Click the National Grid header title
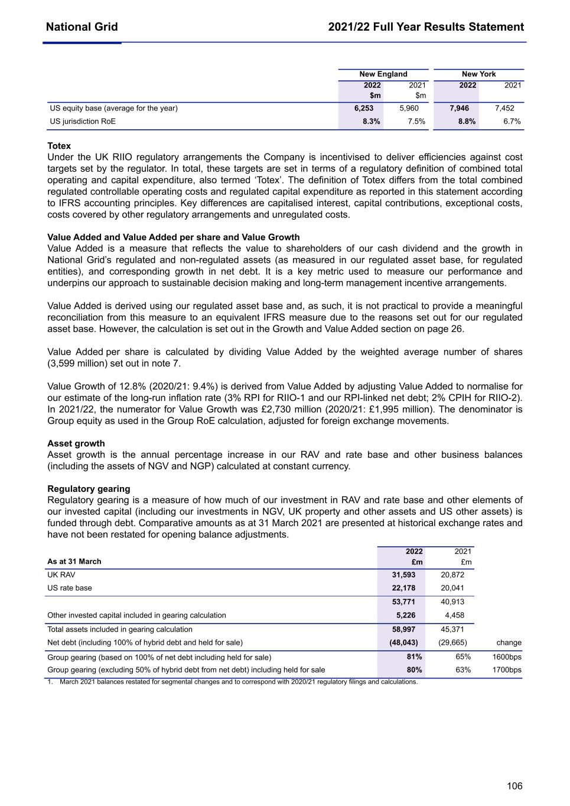(82, 27)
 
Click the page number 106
(514, 786)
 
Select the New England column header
(383, 74)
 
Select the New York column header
(478, 74)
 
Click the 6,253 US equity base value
(364, 108)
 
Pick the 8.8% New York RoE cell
(467, 122)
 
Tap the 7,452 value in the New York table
(504, 108)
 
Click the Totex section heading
(59, 146)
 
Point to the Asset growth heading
(76, 443)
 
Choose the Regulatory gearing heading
(89, 489)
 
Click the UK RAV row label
(61, 575)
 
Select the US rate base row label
(70, 588)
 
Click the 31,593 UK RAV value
(404, 575)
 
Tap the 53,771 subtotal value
(404, 602)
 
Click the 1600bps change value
(507, 657)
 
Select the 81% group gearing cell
(415, 657)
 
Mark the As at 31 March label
(74, 562)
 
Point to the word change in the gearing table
(509, 642)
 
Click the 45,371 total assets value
(452, 629)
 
